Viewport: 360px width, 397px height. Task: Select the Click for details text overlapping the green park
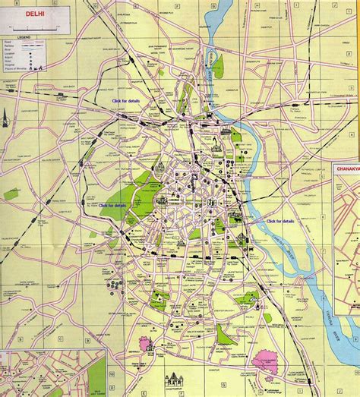(112, 205)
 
